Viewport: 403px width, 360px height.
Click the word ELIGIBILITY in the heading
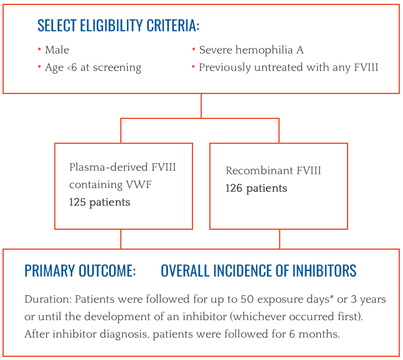click(x=111, y=26)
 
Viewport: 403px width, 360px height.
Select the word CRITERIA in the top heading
click(x=173, y=26)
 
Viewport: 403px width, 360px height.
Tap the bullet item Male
click(x=57, y=50)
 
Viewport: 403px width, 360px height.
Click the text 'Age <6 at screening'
click(x=93, y=68)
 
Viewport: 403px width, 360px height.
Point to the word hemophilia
click(x=264, y=50)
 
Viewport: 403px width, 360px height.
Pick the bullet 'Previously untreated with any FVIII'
click(x=288, y=67)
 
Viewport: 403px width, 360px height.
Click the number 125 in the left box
click(x=77, y=202)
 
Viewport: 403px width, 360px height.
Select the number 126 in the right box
click(x=234, y=188)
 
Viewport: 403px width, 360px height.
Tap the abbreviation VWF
click(x=138, y=184)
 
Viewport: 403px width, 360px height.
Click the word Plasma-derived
click(x=109, y=167)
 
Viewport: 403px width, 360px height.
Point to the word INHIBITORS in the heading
click(x=325, y=270)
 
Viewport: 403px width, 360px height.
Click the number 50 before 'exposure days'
click(x=247, y=300)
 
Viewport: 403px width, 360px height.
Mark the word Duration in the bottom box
click(x=48, y=300)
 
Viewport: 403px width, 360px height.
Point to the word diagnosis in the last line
click(x=124, y=334)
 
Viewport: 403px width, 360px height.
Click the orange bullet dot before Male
click(x=39, y=49)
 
